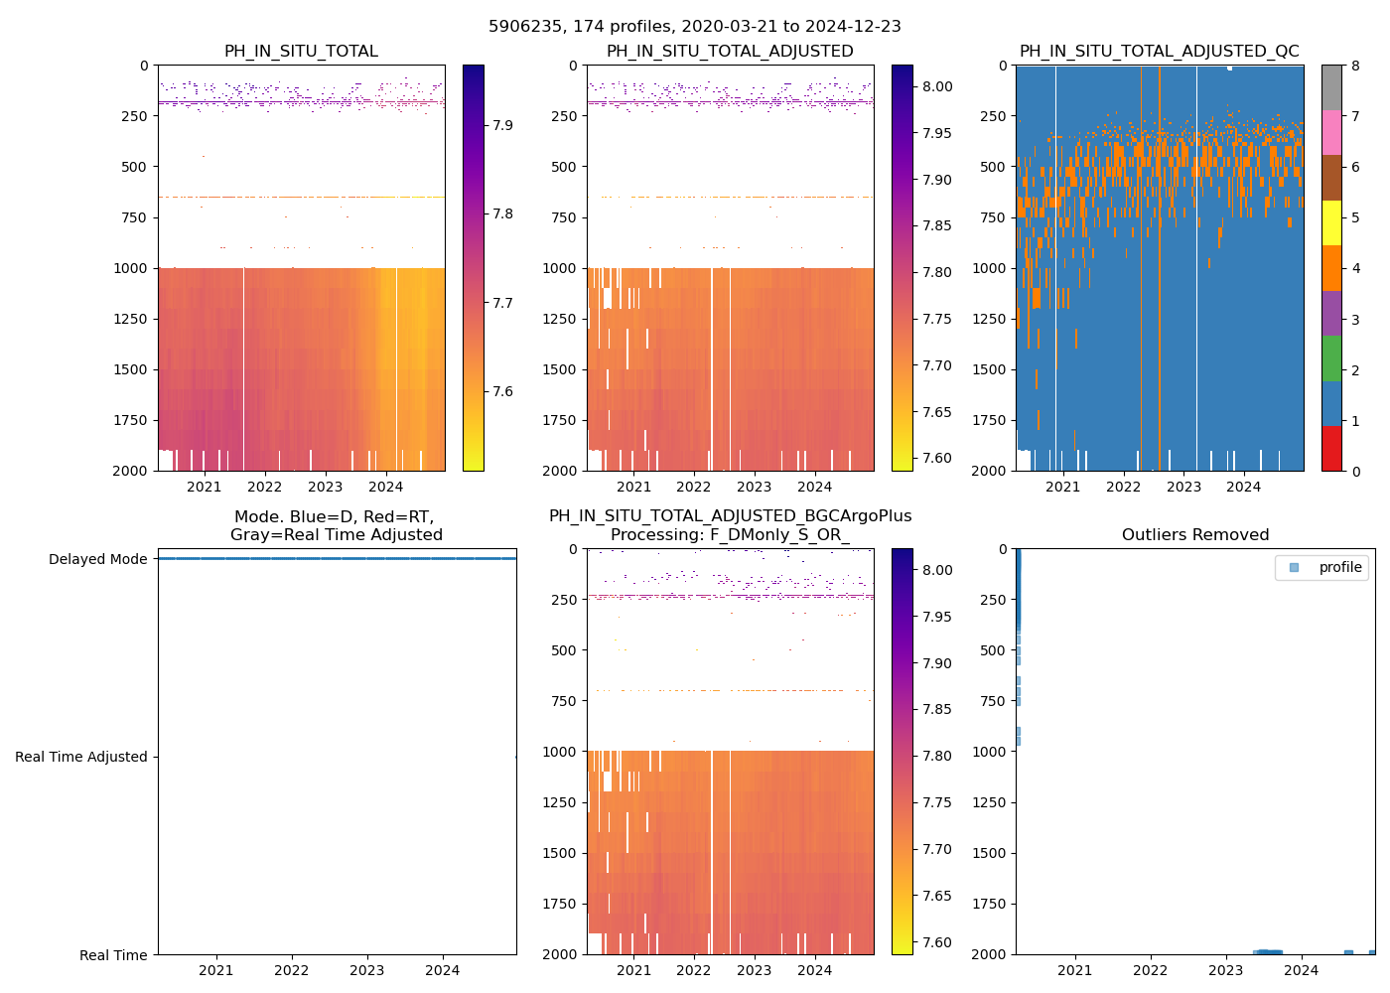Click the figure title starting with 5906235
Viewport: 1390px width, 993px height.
(695, 27)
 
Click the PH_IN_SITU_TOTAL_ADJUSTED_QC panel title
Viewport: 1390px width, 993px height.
(1159, 52)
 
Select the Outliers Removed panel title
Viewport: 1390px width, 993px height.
(1195, 535)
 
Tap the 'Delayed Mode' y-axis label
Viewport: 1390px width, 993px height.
(97, 559)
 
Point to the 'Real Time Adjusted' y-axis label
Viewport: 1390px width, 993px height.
(81, 757)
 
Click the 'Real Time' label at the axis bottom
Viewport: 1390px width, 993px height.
(113, 955)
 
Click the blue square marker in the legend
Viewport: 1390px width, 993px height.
(1294, 568)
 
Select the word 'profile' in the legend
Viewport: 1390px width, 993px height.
(1340, 568)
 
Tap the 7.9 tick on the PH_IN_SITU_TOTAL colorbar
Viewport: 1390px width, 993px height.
(502, 125)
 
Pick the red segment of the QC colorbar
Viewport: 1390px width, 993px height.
(1331, 449)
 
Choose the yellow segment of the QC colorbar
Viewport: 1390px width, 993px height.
(1331, 223)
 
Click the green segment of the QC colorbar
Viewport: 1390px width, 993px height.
(1331, 358)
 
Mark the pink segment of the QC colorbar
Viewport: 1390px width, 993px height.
(1331, 133)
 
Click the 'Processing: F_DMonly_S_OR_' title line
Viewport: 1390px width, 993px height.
(730, 535)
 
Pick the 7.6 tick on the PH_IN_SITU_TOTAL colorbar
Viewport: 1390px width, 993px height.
(502, 391)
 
